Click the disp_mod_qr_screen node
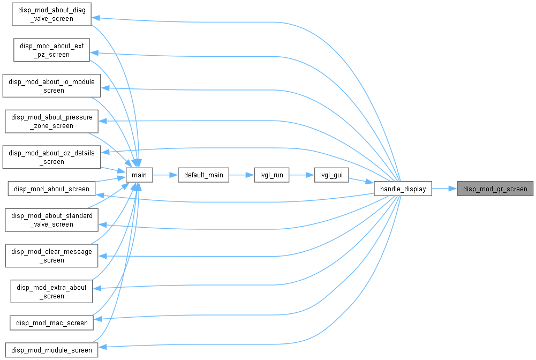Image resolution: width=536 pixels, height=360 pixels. [495, 189]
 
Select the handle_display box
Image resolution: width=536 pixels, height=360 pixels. [403, 189]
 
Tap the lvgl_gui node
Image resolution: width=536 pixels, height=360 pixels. [331, 175]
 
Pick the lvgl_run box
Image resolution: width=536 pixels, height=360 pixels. [271, 175]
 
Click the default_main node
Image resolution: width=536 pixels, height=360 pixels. [203, 175]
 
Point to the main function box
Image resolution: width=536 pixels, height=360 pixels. [139, 175]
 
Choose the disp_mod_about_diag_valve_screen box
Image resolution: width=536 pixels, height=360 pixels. [51, 14]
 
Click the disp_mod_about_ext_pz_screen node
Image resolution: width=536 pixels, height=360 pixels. [51, 50]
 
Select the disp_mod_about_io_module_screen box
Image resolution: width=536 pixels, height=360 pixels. [51, 86]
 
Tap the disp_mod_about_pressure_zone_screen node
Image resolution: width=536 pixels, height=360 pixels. [51, 122]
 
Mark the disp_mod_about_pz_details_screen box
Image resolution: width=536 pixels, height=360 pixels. [51, 157]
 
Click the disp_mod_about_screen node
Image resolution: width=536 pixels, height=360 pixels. [51, 189]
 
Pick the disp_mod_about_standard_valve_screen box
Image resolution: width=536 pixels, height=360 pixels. [51, 220]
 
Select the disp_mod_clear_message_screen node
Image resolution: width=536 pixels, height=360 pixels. [51, 256]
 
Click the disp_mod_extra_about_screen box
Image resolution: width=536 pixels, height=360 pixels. [51, 291]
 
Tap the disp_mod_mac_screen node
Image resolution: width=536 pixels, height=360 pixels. [51, 322]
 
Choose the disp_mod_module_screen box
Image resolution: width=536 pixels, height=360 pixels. [51, 350]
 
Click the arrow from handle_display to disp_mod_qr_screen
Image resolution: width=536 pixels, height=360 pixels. [444, 189]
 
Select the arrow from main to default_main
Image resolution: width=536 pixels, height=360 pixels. [165, 175]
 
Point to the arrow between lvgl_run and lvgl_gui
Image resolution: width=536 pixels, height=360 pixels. [301, 175]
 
